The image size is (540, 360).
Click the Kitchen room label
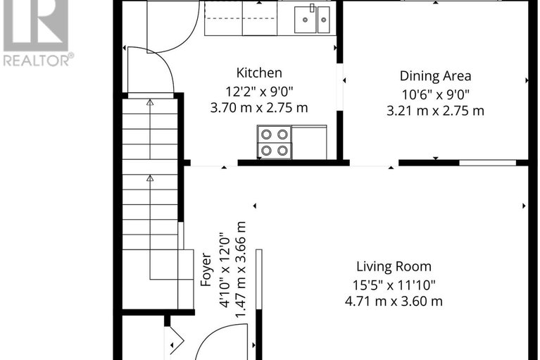pyautogui.click(x=259, y=73)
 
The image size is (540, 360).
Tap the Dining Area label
pyautogui.click(x=435, y=76)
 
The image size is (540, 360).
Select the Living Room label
pyautogui.click(x=394, y=266)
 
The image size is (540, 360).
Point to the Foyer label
pyautogui.click(x=206, y=269)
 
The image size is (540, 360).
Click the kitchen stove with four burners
pyautogui.click(x=275, y=142)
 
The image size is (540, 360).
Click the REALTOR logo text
pyautogui.click(x=37, y=61)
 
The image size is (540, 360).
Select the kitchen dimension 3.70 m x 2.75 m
pyautogui.click(x=259, y=108)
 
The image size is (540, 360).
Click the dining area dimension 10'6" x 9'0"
pyautogui.click(x=435, y=94)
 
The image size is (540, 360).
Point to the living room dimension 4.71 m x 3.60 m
pyautogui.click(x=394, y=302)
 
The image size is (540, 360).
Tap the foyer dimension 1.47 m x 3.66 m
pyautogui.click(x=241, y=269)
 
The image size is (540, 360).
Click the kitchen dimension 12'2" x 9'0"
pyautogui.click(x=259, y=90)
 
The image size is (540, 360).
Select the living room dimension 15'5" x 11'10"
pyautogui.click(x=394, y=285)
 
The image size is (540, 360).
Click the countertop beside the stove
pyautogui.click(x=309, y=142)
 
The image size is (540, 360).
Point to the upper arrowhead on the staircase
pyautogui.click(x=150, y=102)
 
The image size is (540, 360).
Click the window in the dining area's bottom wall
pyautogui.click(x=487, y=163)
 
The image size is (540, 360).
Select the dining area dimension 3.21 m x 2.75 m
pyautogui.click(x=435, y=111)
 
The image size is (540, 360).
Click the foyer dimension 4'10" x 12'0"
pyautogui.click(x=224, y=269)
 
